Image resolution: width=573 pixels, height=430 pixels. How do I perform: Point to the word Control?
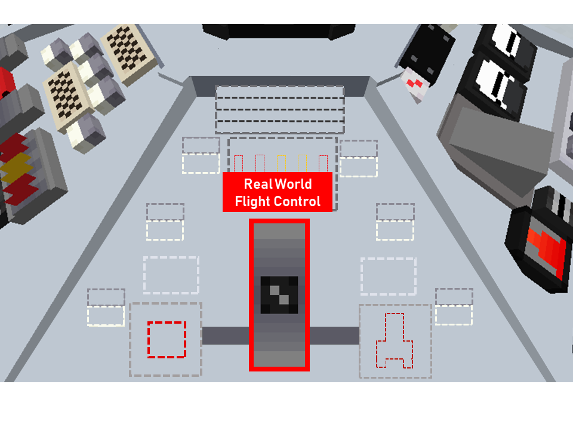tap(297, 201)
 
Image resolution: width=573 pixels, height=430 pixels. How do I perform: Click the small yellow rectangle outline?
tap(281, 164)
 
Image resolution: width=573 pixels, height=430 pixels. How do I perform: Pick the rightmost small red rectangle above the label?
tap(323, 164)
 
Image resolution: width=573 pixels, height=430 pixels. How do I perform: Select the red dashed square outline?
tap(167, 340)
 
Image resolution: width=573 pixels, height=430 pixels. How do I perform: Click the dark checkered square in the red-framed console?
tap(279, 294)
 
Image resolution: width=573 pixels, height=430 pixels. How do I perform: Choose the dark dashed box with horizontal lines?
tap(280, 109)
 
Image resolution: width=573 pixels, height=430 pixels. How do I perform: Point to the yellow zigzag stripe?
tap(16, 168)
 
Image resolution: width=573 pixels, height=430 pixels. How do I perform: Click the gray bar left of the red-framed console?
tap(226, 336)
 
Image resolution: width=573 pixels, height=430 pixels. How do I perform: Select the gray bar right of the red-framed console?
tap(334, 336)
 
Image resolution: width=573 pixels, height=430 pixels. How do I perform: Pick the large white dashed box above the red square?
tap(171, 275)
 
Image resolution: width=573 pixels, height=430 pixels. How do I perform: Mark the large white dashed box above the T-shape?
tap(389, 276)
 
